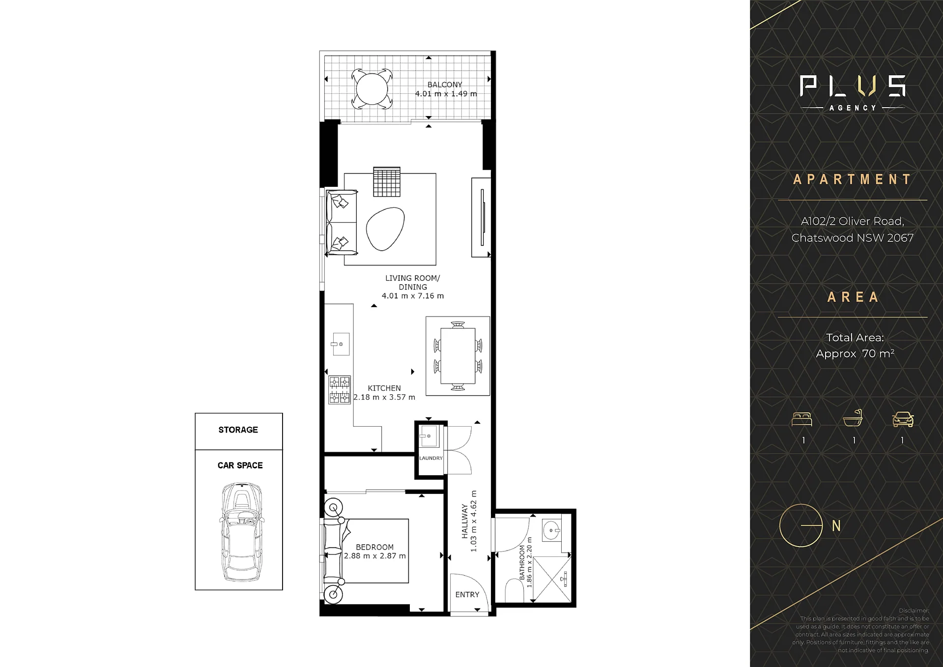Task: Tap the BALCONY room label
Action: [445, 85]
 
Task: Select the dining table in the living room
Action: [458, 355]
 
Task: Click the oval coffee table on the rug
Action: [385, 229]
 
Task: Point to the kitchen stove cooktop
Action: [340, 390]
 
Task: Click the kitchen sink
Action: [340, 344]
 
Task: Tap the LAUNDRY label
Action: [431, 458]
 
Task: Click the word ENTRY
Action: [467, 595]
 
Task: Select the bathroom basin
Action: [551, 530]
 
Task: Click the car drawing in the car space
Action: [241, 532]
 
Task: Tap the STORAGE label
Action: [238, 430]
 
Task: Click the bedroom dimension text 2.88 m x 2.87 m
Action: [375, 556]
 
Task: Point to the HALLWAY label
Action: [464, 521]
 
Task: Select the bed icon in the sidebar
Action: [802, 419]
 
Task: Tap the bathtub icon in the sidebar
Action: [853, 418]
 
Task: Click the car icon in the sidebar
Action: [903, 419]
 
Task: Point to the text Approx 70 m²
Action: [855, 354]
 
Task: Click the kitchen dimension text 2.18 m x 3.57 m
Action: [384, 397]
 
